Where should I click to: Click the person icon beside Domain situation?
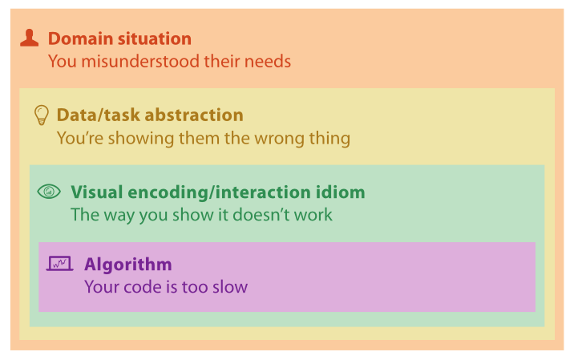tap(30, 38)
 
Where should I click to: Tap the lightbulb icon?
tap(42, 115)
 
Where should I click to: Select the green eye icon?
tap(49, 191)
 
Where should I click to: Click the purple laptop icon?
tap(59, 263)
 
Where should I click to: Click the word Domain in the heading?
tap(79, 38)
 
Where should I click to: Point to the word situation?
tap(153, 38)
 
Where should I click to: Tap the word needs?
tap(268, 61)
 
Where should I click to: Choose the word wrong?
tap(280, 140)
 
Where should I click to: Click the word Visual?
tap(97, 192)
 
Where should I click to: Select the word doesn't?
tap(261, 215)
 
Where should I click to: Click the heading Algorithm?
tap(128, 265)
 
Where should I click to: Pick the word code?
tap(143, 287)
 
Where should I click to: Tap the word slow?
tap(230, 287)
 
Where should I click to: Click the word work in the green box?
tap(313, 215)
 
